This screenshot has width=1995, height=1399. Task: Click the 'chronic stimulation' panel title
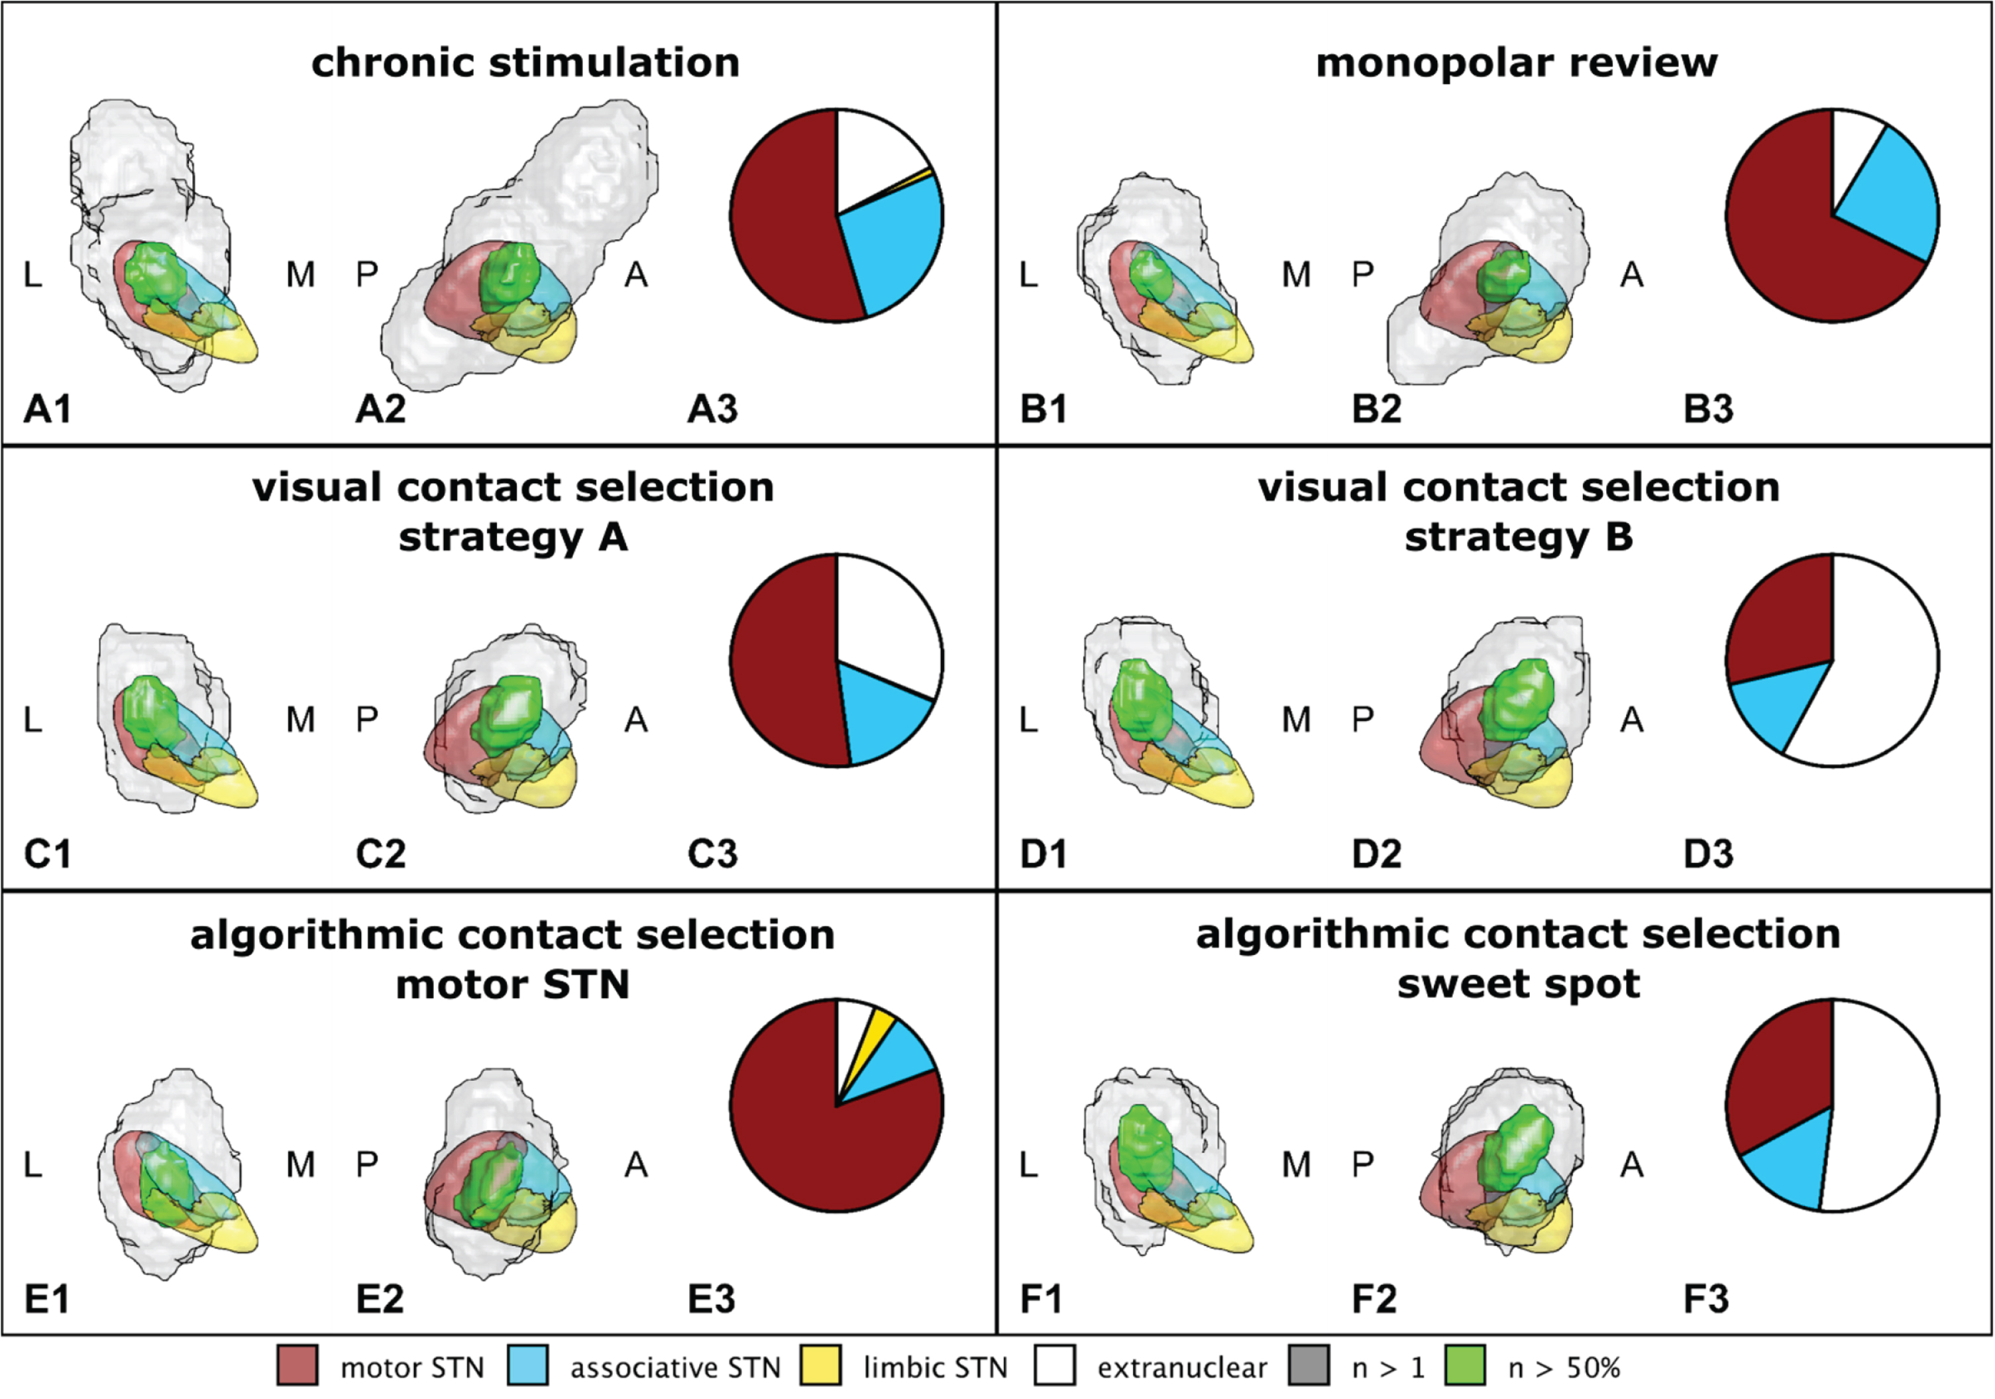(525, 62)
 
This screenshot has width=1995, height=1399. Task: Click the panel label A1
(47, 408)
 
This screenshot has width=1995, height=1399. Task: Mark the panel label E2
(380, 1299)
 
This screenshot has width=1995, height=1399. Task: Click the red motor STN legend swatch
(297, 1365)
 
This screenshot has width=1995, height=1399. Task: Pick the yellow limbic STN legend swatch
(820, 1365)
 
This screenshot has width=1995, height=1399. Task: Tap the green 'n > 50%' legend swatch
(1466, 1365)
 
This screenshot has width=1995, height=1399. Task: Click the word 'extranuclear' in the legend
(1182, 1368)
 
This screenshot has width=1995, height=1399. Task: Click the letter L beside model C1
(32, 720)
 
